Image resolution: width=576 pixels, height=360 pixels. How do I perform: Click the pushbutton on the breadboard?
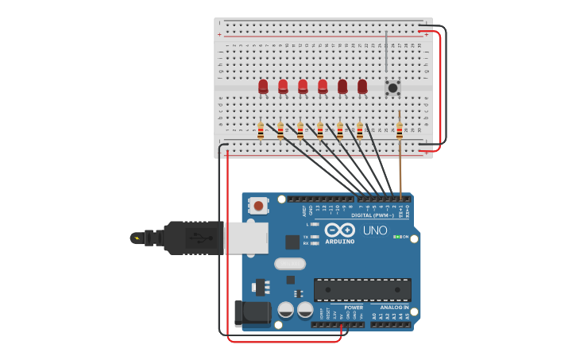pyautogui.click(x=392, y=87)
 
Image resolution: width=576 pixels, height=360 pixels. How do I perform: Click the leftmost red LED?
pyautogui.click(x=263, y=86)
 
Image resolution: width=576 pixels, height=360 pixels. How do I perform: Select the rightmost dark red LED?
pyautogui.click(x=362, y=86)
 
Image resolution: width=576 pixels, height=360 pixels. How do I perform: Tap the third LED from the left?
pyautogui.click(x=303, y=86)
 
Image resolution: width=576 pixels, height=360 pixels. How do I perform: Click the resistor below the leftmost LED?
pyautogui.click(x=261, y=130)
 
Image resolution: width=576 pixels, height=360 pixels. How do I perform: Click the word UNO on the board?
pyautogui.click(x=375, y=230)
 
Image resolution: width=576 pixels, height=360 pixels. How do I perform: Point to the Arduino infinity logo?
pyautogui.click(x=340, y=230)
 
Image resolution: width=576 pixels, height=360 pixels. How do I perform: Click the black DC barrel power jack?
pyautogui.click(x=252, y=313)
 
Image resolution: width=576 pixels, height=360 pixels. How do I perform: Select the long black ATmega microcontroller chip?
pyautogui.click(x=362, y=289)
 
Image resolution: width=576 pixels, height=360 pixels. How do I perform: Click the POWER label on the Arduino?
pyautogui.click(x=354, y=308)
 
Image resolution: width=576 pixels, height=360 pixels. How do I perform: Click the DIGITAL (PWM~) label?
pyautogui.click(x=371, y=215)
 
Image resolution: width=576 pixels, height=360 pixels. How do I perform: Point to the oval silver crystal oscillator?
pyautogui.click(x=289, y=264)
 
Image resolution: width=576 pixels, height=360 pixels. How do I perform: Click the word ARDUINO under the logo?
pyautogui.click(x=339, y=241)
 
